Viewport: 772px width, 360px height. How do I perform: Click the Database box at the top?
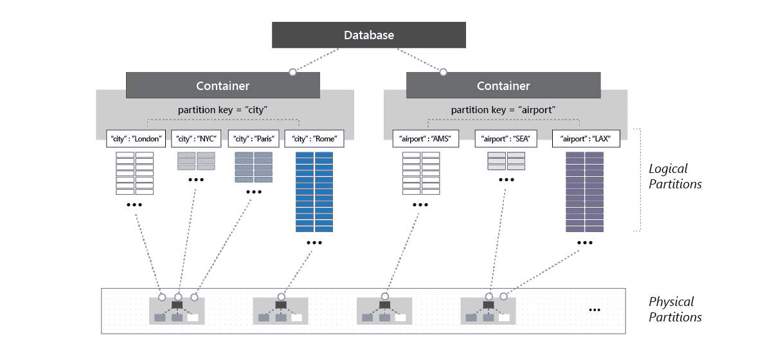tap(368, 35)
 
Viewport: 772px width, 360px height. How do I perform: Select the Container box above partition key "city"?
tap(222, 85)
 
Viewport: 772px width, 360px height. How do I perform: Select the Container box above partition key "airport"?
tap(503, 85)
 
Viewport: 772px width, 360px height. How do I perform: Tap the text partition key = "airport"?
tap(504, 110)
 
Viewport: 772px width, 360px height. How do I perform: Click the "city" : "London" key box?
tap(136, 138)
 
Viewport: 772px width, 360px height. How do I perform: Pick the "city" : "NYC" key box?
tap(196, 138)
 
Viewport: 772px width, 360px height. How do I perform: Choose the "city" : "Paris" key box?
tap(254, 138)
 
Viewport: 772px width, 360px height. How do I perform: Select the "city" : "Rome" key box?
tap(314, 138)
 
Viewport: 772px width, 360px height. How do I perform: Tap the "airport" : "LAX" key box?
tap(585, 138)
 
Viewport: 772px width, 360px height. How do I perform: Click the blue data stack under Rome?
tap(314, 192)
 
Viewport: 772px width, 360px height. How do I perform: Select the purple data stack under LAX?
tap(585, 192)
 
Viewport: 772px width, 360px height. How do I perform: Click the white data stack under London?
tap(135, 173)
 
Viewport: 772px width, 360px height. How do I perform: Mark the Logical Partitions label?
tap(674, 176)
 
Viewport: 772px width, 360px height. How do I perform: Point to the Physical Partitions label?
tap(674, 309)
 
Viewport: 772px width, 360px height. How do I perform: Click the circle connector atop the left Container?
tap(292, 72)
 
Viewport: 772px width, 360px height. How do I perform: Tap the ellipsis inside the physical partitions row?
tap(595, 310)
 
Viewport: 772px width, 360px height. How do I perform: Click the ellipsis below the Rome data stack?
tap(314, 243)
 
